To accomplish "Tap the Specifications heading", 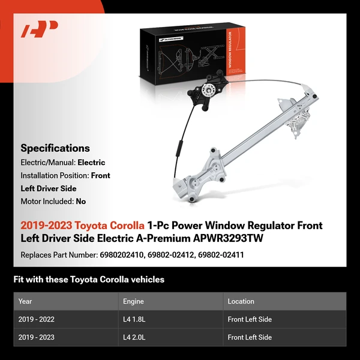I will [x=55, y=148].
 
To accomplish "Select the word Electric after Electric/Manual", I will [x=91, y=163].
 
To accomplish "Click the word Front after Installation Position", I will [x=100, y=176].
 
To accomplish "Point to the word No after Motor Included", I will [x=81, y=202].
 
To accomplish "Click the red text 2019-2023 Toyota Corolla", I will [x=82, y=226].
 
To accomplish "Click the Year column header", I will [x=25, y=301].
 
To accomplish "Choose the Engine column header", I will [x=133, y=301].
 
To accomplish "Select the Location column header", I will [x=241, y=301].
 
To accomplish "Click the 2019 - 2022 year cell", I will [x=37, y=319].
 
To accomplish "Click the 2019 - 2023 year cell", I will [x=37, y=337].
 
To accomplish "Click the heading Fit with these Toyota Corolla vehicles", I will [x=89, y=280].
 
